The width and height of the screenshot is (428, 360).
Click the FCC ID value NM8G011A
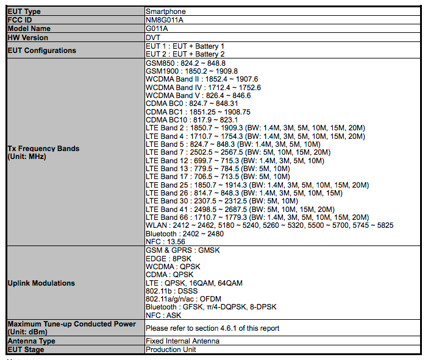click(165, 20)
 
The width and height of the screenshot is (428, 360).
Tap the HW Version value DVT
click(153, 37)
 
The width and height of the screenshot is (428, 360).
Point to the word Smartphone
click(166, 12)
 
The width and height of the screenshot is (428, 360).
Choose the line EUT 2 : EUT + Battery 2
click(185, 54)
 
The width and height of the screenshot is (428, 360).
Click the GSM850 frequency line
click(186, 63)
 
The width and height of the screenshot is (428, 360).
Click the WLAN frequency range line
click(269, 225)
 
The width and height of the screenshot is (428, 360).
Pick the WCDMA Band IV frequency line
click(203, 87)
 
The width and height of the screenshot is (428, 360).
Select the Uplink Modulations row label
click(41, 283)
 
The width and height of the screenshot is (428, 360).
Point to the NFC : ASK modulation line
click(164, 316)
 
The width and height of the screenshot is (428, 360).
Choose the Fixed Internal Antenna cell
click(183, 341)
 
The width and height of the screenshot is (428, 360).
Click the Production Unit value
click(171, 350)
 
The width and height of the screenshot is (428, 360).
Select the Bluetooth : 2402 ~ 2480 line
click(185, 233)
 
